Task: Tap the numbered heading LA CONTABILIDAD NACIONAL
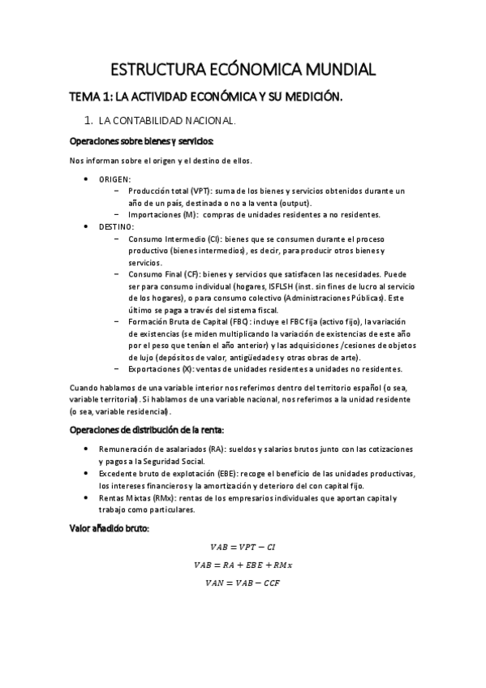(166, 121)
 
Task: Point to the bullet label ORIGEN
(115, 178)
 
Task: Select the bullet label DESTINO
(117, 226)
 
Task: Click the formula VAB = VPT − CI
(243, 548)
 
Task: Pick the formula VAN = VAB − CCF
(243, 582)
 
